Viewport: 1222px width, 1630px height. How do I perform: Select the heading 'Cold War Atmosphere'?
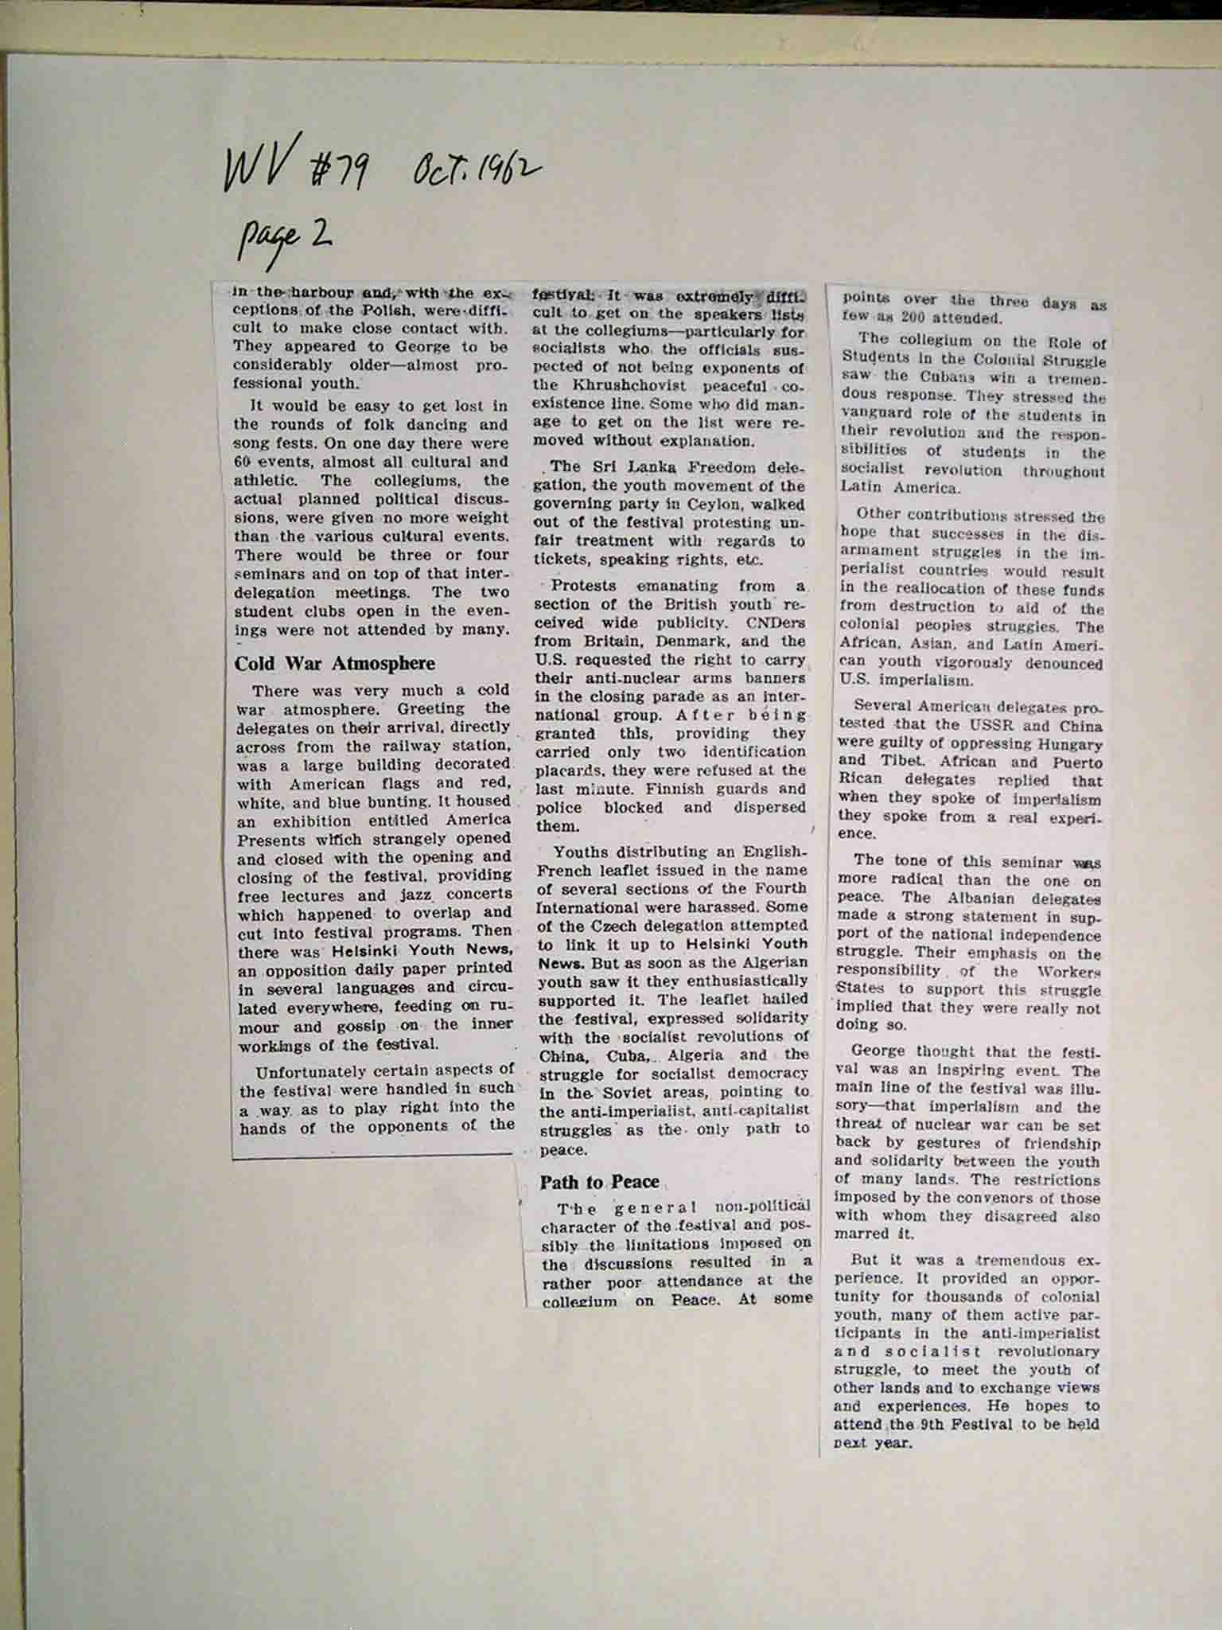[x=334, y=664]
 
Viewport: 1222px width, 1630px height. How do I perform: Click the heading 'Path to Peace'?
[x=599, y=1182]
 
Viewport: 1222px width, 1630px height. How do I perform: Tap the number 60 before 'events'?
[x=243, y=462]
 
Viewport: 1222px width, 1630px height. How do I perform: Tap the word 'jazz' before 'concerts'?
[x=412, y=895]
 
